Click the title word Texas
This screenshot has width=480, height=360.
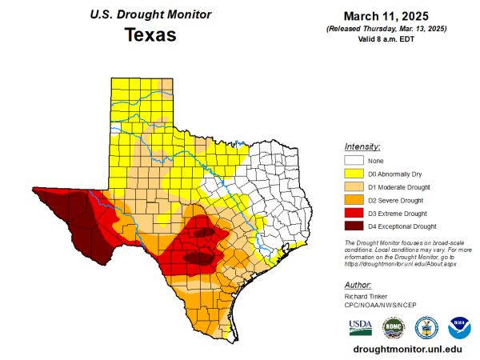(150, 36)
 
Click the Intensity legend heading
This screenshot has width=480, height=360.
(362, 147)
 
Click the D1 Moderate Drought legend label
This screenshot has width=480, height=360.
(397, 187)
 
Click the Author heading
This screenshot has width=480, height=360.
(357, 284)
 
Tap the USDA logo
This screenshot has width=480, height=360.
(360, 327)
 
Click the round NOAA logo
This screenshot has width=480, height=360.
(459, 327)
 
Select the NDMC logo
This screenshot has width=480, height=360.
(393, 327)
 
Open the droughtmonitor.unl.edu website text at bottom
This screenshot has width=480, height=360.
(408, 349)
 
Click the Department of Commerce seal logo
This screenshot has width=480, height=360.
(426, 327)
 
